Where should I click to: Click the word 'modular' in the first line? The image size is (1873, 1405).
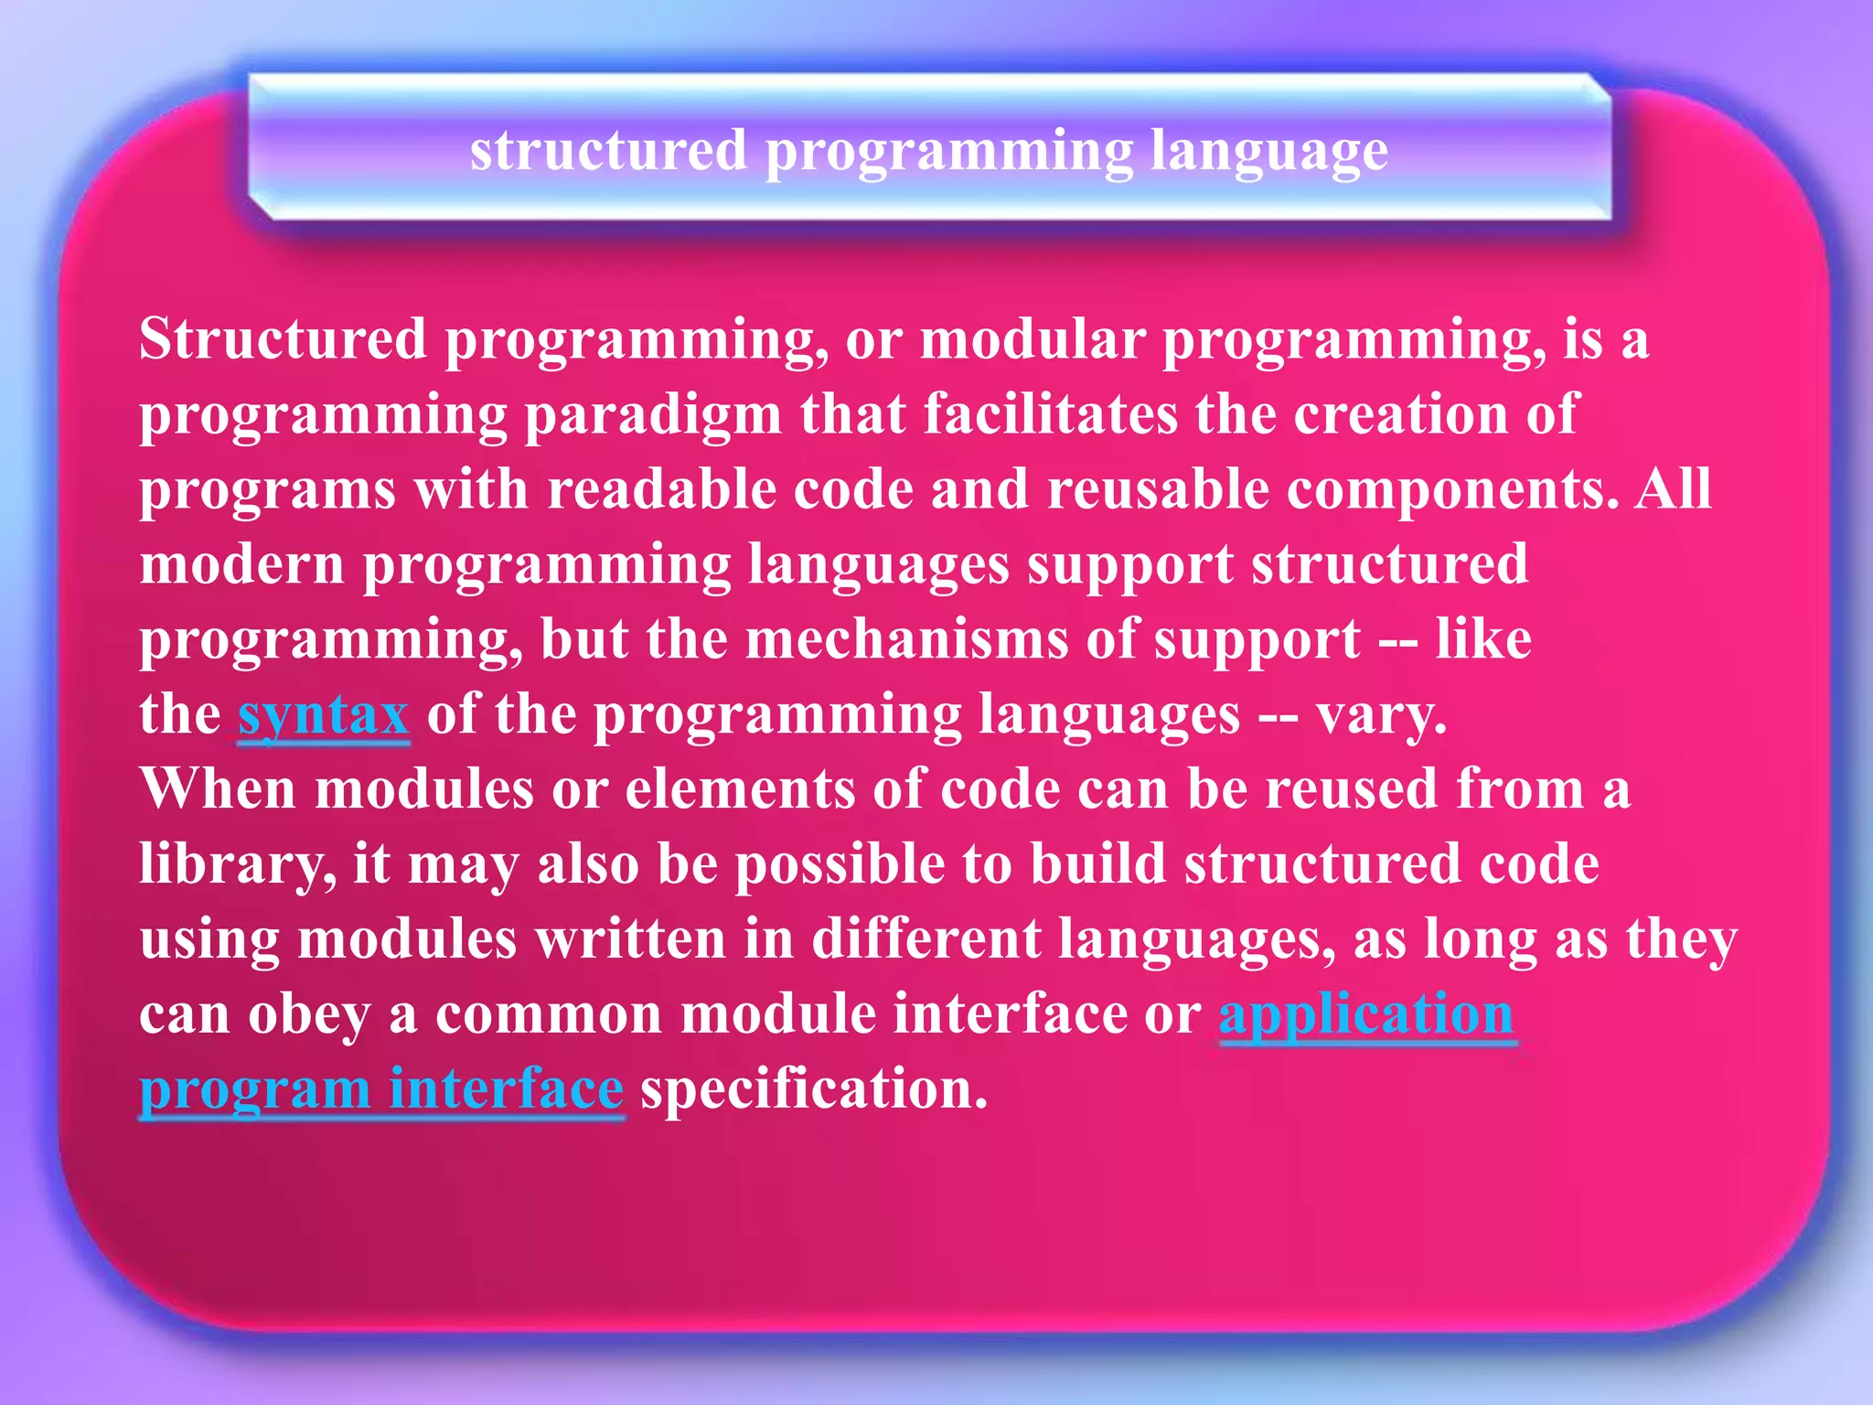pos(1032,340)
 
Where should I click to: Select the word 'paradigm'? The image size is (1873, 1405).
pos(652,415)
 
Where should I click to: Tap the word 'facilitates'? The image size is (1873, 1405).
pos(1050,415)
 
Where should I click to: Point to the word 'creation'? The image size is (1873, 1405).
pos(1400,415)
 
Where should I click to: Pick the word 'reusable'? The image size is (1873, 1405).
pos(1158,490)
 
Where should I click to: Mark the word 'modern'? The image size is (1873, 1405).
pos(242,565)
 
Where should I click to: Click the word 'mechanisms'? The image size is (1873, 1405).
pos(906,640)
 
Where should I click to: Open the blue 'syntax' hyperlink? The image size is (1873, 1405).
pos(323,715)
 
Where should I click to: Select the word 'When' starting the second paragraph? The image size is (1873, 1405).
pos(218,790)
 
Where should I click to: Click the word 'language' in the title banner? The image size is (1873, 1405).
pos(1268,152)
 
